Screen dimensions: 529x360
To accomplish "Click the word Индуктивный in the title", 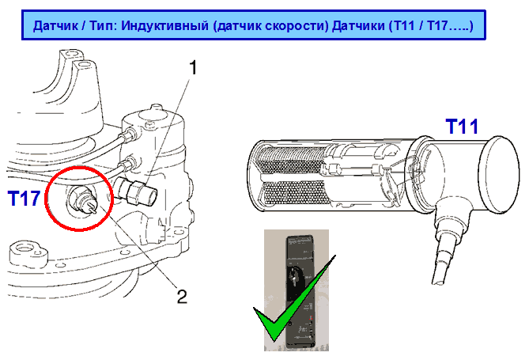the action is (165, 25).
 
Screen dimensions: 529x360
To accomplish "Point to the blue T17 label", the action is (25, 199).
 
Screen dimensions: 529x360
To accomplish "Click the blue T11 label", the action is (462, 127).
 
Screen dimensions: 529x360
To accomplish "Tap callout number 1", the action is (193, 67).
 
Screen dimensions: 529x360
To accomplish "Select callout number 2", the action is (182, 297).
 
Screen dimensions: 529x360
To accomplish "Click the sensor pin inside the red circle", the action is (91, 207).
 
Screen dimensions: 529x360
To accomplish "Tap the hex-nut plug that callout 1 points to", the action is (136, 191).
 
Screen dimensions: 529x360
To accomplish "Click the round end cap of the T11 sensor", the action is (501, 174).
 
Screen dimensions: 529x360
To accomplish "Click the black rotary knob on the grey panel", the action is (294, 275).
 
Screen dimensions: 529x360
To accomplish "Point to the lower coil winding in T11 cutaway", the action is (291, 193).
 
